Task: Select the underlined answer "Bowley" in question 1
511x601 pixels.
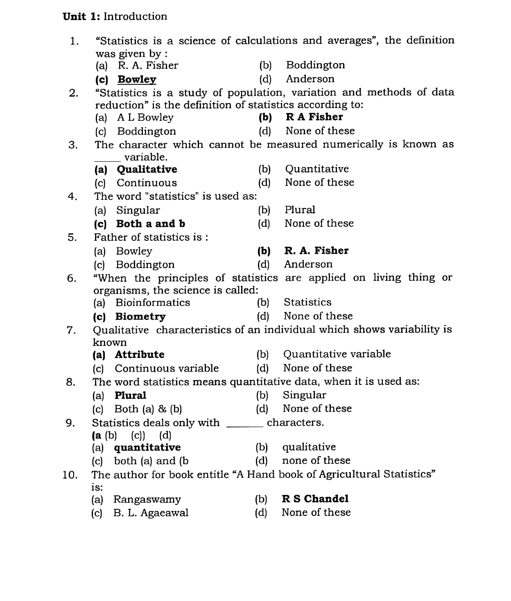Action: pos(137,79)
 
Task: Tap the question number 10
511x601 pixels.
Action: pos(70,475)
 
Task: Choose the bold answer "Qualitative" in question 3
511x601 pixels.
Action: pos(147,169)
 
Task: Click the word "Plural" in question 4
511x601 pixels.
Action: pos(300,210)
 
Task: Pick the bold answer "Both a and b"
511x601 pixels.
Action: pos(150,224)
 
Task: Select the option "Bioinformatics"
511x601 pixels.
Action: pos(153,303)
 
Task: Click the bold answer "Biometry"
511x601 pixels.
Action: pos(140,316)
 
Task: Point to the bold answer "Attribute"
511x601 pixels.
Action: pos(140,355)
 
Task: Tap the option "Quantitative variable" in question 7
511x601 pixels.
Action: pos(337,354)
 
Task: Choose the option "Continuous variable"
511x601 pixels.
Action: pos(167,368)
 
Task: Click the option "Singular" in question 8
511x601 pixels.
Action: pos(304,395)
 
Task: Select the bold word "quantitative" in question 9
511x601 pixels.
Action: pos(147,447)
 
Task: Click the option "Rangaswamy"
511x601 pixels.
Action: pos(147,499)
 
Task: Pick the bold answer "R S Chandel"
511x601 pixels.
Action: pos(315,499)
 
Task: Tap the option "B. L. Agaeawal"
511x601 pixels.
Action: pos(151,513)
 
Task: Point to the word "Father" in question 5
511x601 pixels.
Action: pos(108,237)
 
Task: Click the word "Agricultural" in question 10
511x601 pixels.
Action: pos(349,474)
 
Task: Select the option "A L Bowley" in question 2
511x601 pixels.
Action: pos(145,117)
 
